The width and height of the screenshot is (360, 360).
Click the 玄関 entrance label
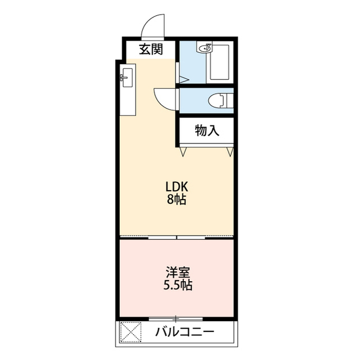tap(151, 49)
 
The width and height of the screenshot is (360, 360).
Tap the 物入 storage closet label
tap(207, 130)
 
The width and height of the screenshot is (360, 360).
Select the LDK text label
tap(177, 187)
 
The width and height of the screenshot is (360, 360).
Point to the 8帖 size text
tap(176, 199)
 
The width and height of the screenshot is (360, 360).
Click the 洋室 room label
tap(178, 272)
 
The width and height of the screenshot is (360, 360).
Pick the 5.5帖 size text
tap(178, 285)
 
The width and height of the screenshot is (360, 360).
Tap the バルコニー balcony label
tap(185, 332)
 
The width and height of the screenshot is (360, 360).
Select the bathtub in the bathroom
tap(220, 62)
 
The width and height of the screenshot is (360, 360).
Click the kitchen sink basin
tap(128, 78)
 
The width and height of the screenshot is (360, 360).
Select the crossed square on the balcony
tap(130, 332)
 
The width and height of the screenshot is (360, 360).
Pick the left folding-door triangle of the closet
tap(183, 151)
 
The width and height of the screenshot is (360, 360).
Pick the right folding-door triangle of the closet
tap(230, 152)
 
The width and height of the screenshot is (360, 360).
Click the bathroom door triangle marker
tap(184, 80)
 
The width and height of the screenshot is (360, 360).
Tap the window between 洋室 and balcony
tap(176, 319)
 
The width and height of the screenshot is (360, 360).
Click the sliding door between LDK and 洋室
tap(177, 237)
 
